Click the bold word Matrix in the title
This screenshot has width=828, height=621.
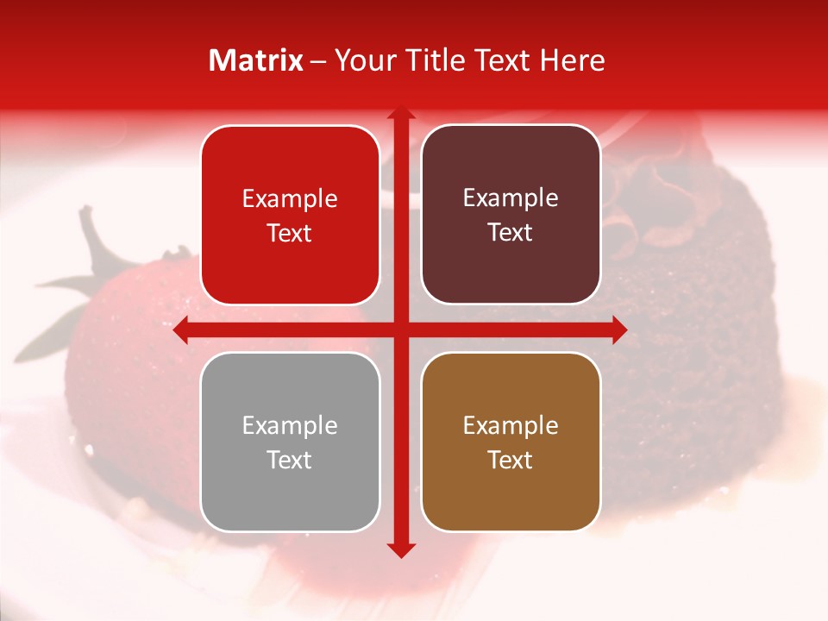256,60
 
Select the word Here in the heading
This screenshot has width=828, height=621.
572,60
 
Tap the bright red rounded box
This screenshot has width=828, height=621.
290,215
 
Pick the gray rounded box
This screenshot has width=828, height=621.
290,442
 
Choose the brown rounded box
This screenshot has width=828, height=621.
511,442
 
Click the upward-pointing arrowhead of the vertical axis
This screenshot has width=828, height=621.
400,114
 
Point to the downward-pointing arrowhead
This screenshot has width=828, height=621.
400,549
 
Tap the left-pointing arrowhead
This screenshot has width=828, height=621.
181,329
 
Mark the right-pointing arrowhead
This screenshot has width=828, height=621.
619,329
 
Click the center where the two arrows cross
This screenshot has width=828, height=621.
400,329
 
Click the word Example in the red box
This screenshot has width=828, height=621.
290,199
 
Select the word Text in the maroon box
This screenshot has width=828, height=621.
511,233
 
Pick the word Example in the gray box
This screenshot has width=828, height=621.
290,426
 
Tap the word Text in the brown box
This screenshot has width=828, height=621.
511,461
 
